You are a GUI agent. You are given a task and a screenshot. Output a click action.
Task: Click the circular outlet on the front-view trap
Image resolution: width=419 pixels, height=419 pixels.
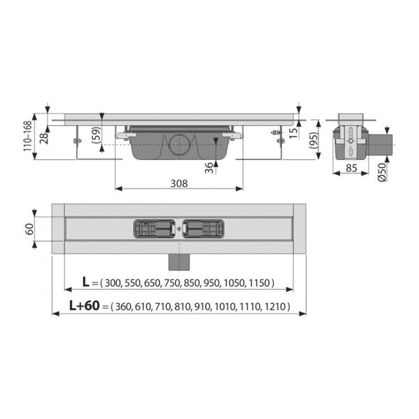pos(178,145)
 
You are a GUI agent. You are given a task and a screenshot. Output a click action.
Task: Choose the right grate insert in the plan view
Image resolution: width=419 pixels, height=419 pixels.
pos(203,228)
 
